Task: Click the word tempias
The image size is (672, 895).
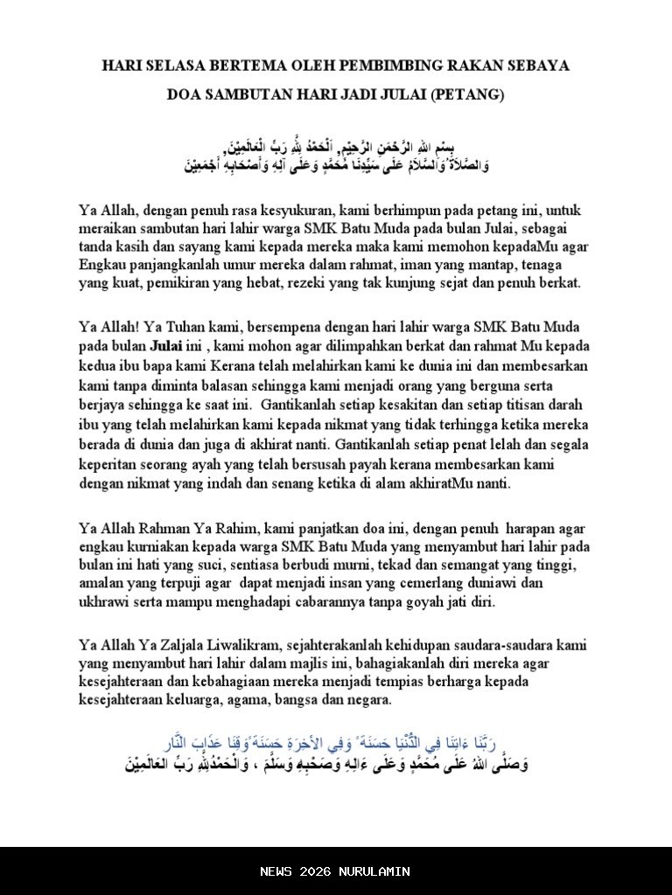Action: [425, 682]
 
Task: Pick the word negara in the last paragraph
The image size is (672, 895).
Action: [369, 700]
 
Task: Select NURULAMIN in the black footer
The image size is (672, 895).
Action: [377, 871]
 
